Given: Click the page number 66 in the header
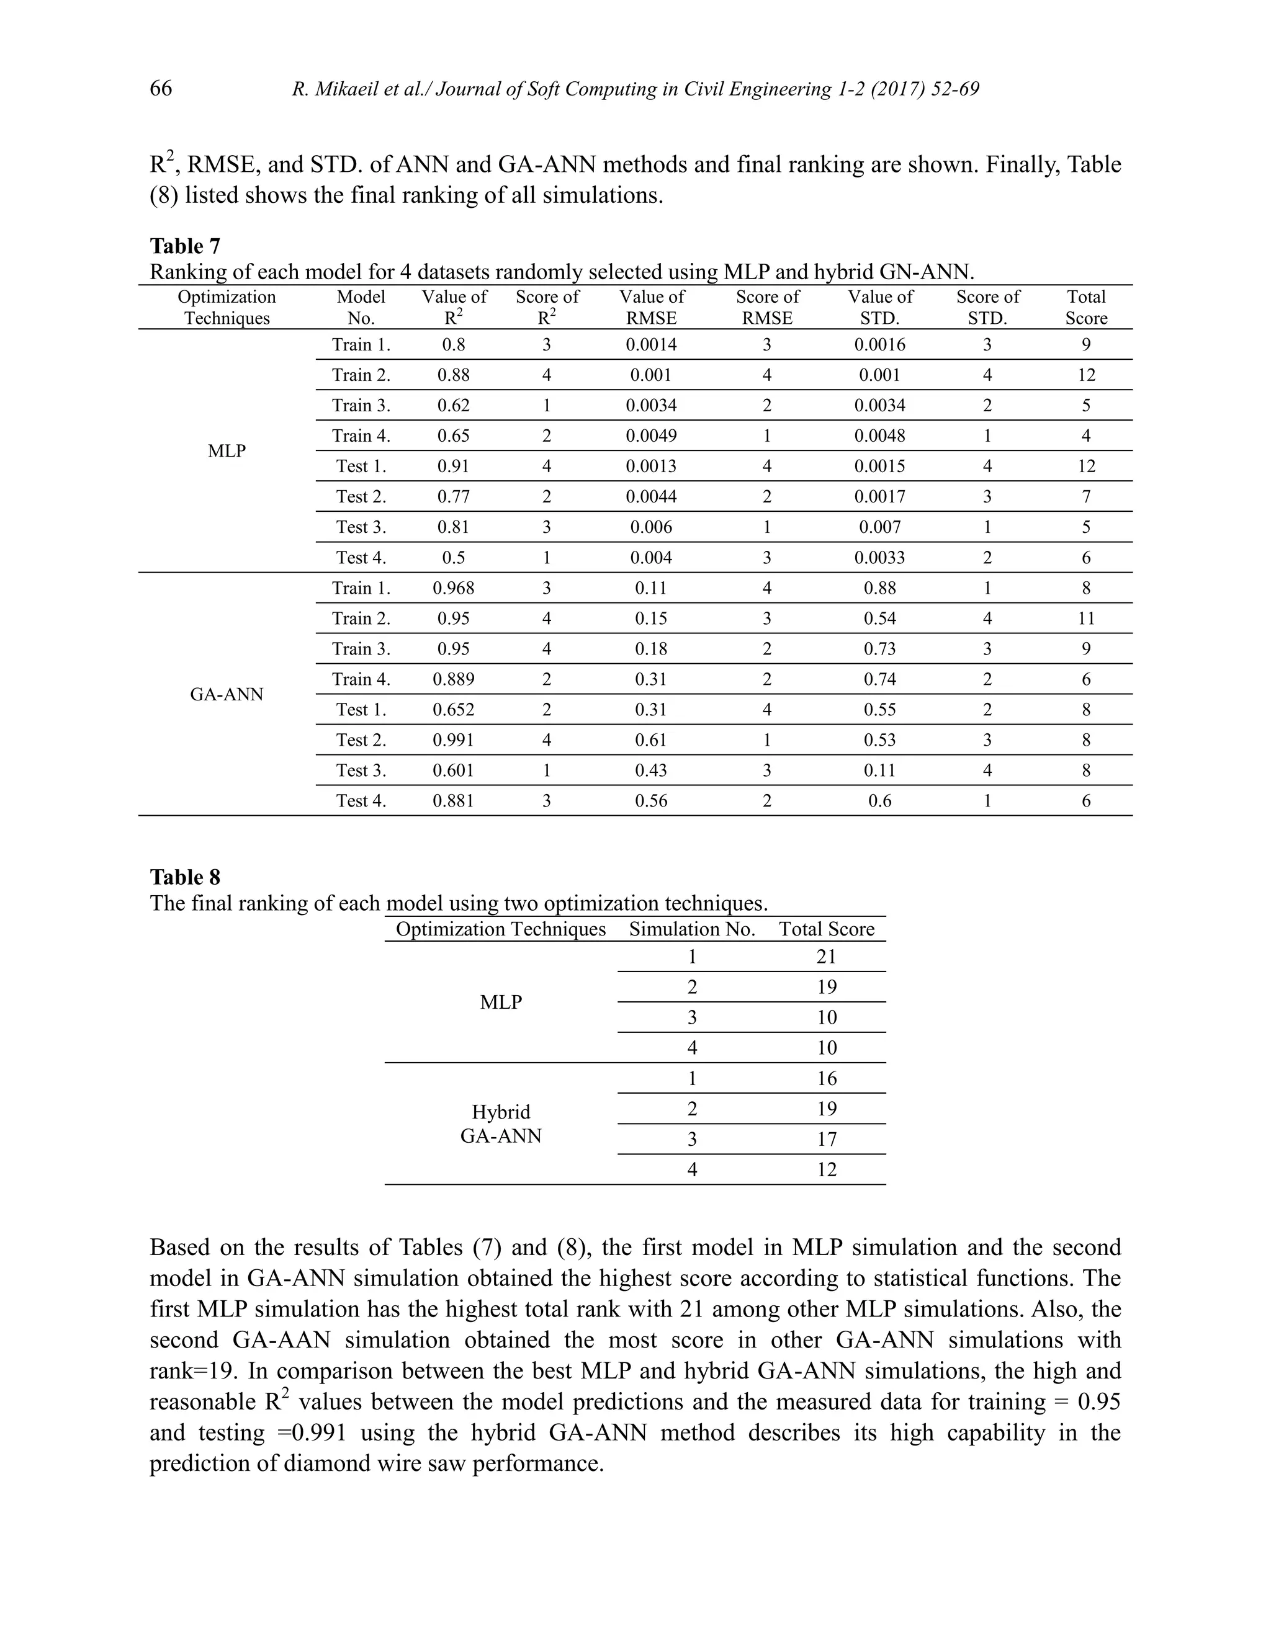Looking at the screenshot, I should point(160,88).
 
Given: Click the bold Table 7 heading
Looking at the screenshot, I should point(184,246).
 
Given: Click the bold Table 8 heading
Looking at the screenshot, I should point(184,877).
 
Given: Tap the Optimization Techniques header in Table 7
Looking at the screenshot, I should point(227,307).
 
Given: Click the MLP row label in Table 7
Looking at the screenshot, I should point(227,451).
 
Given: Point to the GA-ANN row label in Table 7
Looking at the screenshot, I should point(227,694).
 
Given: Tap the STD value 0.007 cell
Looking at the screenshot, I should point(879,527).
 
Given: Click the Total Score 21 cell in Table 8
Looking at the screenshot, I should point(826,957).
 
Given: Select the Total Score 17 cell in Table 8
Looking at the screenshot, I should point(826,1139).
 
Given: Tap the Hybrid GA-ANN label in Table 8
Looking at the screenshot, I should point(501,1124).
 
